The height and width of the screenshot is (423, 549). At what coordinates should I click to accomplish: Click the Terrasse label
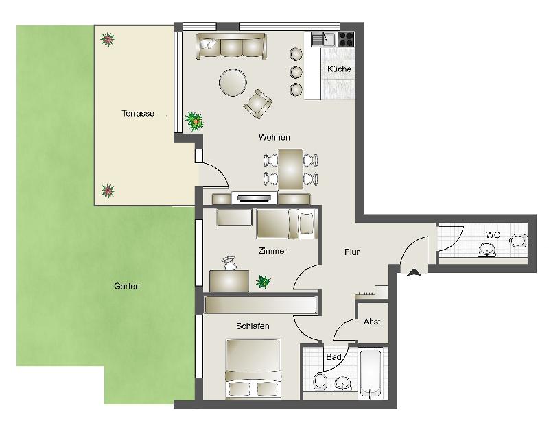(138, 113)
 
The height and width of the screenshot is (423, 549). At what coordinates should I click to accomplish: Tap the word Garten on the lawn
(127, 286)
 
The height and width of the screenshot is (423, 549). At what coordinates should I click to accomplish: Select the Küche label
(339, 69)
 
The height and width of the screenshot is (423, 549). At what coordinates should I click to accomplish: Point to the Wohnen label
(274, 137)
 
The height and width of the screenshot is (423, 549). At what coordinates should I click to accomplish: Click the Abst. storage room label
(373, 322)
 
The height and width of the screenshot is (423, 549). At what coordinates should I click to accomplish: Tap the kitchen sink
(323, 39)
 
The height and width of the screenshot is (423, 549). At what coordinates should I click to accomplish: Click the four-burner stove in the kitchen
(347, 39)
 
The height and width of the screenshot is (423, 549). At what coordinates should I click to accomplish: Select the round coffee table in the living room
(233, 82)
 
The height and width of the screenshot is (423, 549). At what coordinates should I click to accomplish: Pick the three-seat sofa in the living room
(231, 45)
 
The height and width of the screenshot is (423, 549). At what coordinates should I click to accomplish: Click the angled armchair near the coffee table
(258, 104)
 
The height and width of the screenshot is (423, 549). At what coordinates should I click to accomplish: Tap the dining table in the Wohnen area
(290, 170)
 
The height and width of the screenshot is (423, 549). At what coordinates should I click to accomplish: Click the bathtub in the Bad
(370, 374)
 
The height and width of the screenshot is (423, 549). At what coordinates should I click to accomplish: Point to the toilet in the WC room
(519, 241)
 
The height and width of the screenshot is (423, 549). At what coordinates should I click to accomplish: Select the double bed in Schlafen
(253, 369)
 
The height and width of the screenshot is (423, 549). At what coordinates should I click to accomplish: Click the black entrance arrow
(414, 272)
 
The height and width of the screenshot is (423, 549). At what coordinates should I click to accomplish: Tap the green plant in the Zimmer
(264, 281)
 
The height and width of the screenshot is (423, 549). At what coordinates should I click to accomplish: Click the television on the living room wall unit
(253, 198)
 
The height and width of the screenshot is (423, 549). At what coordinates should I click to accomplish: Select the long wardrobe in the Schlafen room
(261, 305)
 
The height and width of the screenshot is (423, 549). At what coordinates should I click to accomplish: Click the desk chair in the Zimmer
(229, 263)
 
